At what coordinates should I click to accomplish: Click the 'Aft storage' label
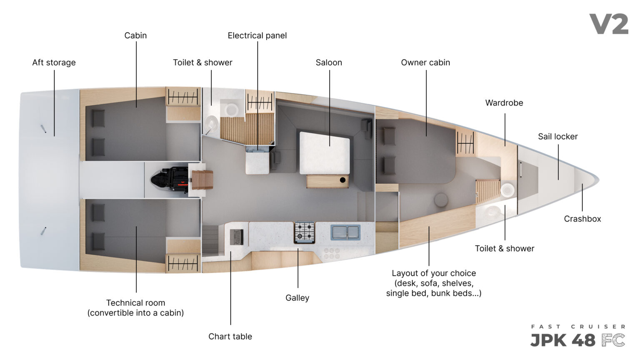54,62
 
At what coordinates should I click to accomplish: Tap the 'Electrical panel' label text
257,36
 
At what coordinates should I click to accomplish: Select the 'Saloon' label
329,62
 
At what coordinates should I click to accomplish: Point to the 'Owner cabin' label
425,62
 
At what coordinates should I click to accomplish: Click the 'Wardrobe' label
504,103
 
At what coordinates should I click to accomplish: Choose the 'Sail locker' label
558,137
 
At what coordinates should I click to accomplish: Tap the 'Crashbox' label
582,219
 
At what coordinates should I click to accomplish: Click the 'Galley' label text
297,298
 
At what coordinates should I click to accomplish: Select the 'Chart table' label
230,337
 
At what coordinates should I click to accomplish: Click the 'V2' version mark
609,24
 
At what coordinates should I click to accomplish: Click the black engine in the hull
170,179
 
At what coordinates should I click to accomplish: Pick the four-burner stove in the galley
305,232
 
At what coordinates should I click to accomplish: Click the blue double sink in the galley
345,232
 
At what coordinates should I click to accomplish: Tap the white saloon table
325,153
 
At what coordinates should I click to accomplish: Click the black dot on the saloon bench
342,180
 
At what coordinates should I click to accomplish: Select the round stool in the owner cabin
441,200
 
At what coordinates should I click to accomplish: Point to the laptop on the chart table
237,237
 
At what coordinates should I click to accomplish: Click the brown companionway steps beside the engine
202,180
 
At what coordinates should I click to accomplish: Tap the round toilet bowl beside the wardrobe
507,190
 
